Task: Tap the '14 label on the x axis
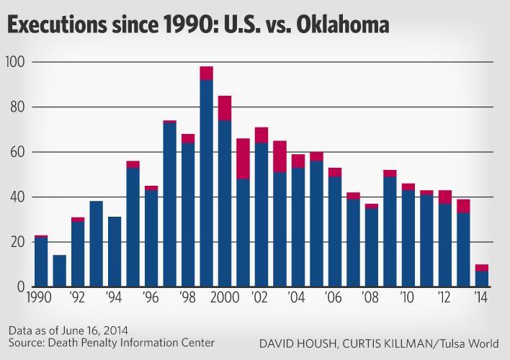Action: point(479,296)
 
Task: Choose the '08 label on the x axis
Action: point(369,296)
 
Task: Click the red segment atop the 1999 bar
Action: point(207,73)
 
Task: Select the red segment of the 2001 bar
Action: point(243,158)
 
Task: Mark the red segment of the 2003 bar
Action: point(280,156)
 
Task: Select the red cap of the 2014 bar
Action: point(481,268)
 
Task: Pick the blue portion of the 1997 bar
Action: point(170,205)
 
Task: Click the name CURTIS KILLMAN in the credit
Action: point(386,344)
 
